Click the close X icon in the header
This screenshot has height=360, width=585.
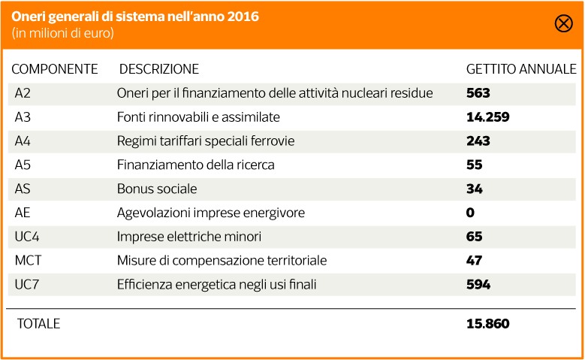point(563,23)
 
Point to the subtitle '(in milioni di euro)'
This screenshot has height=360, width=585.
point(63,33)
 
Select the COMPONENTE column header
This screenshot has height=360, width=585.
point(54,69)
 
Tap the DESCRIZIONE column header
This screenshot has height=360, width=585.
point(159,69)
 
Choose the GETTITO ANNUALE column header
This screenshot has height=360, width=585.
point(521,69)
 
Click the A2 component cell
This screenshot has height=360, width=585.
point(23,93)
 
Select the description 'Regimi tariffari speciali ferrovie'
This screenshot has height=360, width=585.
point(206,141)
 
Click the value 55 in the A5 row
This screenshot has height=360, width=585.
point(474,165)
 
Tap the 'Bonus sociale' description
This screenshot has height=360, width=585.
point(157,189)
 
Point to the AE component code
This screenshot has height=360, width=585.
point(23,213)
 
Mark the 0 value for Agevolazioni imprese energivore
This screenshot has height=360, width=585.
point(470,213)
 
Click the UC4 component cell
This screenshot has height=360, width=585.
point(26,237)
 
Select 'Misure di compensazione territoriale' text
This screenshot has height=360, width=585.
point(222,261)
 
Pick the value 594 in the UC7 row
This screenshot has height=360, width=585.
point(478,285)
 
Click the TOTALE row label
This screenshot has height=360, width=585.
point(38,324)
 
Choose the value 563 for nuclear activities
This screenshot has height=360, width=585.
point(478,93)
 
